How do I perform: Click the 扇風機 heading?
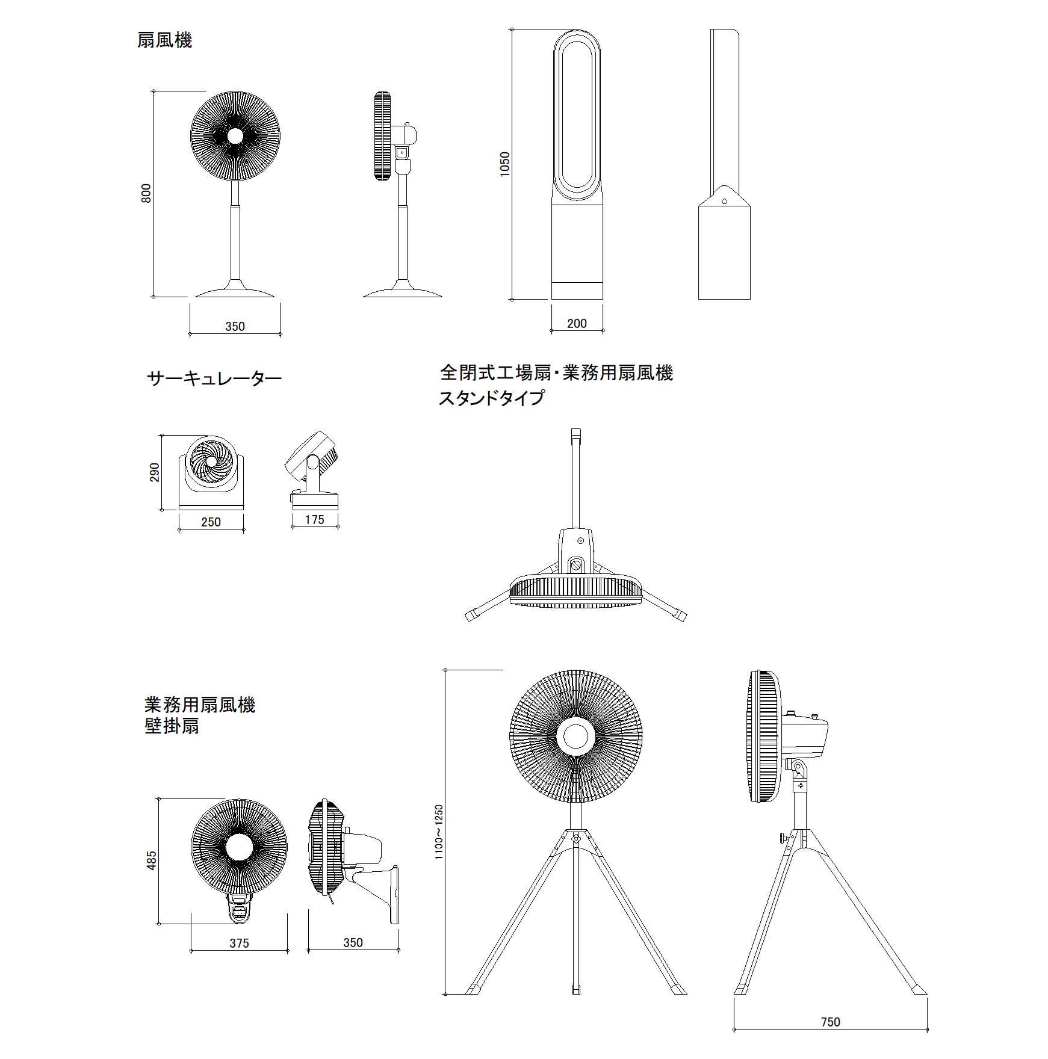164,40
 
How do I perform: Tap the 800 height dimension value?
146,193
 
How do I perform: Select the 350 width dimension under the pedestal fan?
235,326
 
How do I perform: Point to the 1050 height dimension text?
504,164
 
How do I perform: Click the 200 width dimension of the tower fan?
577,323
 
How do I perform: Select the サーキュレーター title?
214,378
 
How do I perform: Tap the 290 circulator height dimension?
155,472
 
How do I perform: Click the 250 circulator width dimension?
211,522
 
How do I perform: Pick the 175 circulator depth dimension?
314,519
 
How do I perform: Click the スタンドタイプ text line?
491,398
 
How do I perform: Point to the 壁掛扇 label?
172,726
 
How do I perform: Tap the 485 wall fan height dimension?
152,860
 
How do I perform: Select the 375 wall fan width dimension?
239,943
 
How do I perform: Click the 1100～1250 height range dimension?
439,832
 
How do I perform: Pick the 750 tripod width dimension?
830,1022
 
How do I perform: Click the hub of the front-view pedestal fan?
235,136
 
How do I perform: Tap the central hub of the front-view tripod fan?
576,736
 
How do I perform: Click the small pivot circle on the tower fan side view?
724,201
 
